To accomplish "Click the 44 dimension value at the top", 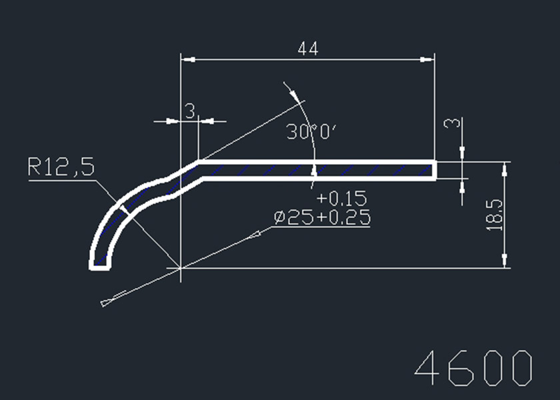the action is coord(308,49).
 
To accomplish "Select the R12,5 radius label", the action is coord(61,167).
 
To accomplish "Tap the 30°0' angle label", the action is coord(311,131).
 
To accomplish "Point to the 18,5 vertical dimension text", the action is coord(495,215).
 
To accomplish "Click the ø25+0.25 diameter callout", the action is coord(322,217).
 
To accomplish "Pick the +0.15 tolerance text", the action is coord(341,199).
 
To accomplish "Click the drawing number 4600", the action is coord(473,367).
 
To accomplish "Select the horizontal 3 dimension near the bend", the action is coord(191,111).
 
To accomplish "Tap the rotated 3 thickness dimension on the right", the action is coord(453,123).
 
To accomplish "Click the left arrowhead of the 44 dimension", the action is coord(188,59).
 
